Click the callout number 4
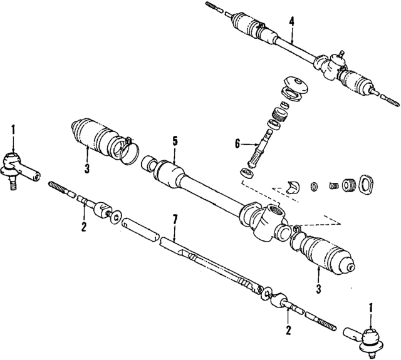coord(291,20)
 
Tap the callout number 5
coord(175,140)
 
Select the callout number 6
coord(237,144)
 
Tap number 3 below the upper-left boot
coord(87,168)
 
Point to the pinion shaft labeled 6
coord(259,147)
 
